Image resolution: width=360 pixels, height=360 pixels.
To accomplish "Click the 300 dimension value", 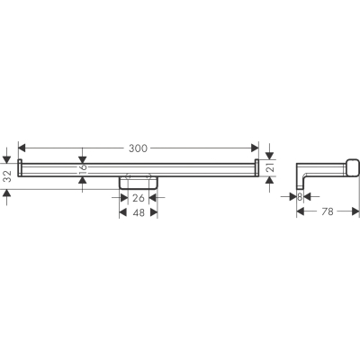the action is [138, 148].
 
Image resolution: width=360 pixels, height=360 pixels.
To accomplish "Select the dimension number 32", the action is [8, 176].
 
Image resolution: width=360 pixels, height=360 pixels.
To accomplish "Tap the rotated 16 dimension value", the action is [83, 170].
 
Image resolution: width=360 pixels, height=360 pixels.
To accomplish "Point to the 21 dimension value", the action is [271, 168].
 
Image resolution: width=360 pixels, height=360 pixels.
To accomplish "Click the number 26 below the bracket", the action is [139, 198].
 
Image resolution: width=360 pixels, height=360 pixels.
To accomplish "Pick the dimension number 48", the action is [139, 212].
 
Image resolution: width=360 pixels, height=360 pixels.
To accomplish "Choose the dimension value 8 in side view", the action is [300, 197].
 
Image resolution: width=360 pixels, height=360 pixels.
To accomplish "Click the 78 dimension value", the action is [328, 211].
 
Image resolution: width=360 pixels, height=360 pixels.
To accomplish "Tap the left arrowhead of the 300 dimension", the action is [22, 148].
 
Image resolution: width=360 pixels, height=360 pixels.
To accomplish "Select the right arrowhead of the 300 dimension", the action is [255, 148].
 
